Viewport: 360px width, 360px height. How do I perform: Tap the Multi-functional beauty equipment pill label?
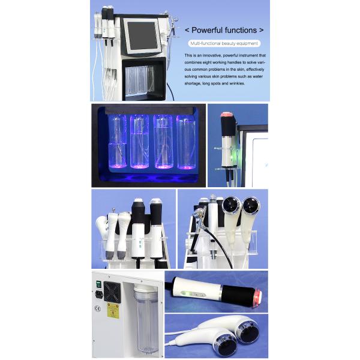(224, 44)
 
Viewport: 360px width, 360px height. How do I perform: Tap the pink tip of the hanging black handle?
(226, 114)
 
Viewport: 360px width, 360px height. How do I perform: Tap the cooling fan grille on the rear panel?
(112, 292)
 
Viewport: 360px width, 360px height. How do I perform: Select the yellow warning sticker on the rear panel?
(112, 310)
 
